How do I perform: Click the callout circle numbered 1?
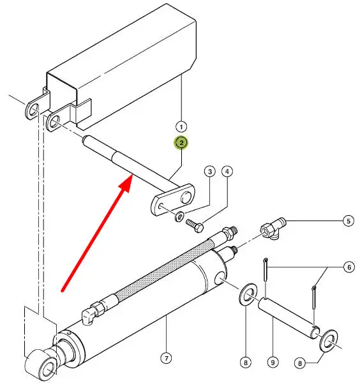(181, 127)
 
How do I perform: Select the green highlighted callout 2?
(181, 142)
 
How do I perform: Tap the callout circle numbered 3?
(210, 172)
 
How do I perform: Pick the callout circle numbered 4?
(227, 172)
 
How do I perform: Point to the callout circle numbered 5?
(349, 221)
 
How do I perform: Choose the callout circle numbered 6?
(349, 267)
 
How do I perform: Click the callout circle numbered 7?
(167, 358)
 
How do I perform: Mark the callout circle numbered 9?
(273, 362)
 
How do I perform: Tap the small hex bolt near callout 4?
(195, 225)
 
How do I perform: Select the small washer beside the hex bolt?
(179, 216)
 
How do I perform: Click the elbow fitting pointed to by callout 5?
(272, 228)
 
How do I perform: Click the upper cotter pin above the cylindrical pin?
(266, 269)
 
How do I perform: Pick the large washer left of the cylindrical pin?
(248, 294)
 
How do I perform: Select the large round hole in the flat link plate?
(186, 197)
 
